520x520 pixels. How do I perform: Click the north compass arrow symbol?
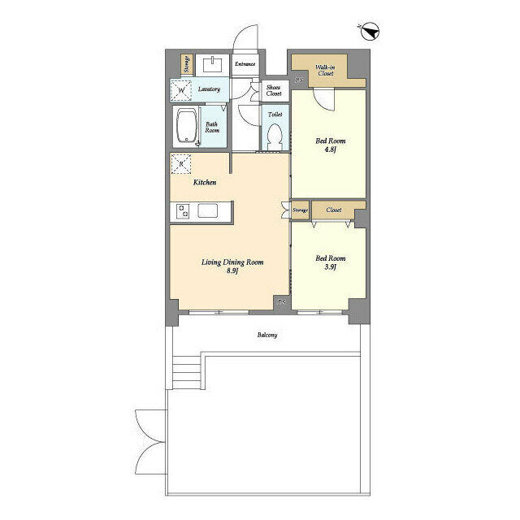(x=370, y=32)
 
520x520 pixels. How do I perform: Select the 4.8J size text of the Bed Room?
(x=330, y=149)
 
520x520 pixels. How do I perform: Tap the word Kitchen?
(x=205, y=183)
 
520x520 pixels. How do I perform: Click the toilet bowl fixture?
(x=275, y=136)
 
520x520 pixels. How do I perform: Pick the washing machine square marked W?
(x=180, y=90)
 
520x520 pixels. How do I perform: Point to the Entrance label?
(x=245, y=64)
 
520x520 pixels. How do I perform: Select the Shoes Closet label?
(x=274, y=90)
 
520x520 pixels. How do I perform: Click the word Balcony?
(x=267, y=334)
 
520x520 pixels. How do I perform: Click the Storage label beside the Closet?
(x=300, y=211)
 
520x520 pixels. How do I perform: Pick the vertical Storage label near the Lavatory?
(x=187, y=64)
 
